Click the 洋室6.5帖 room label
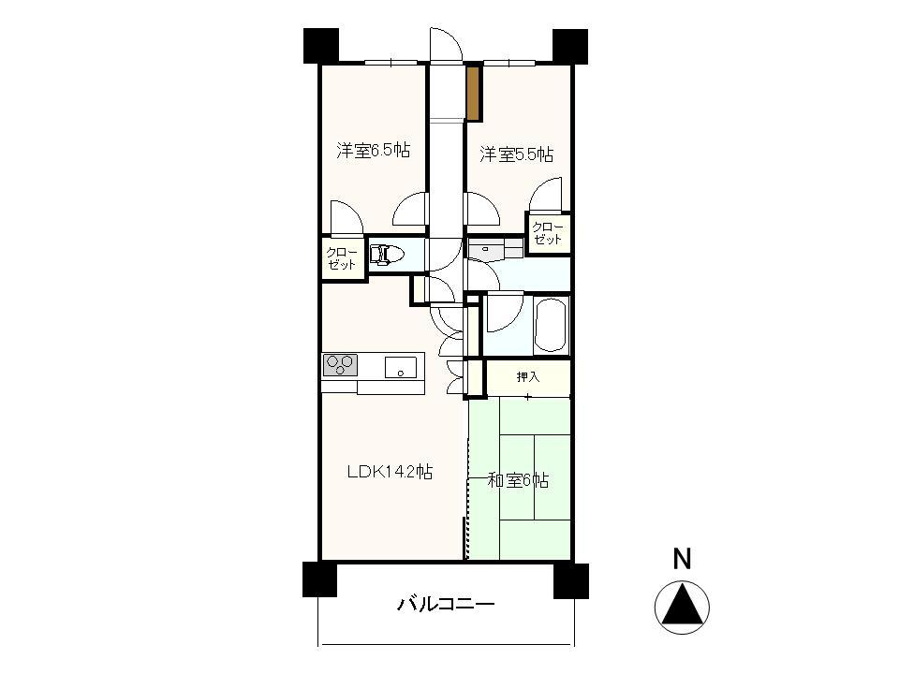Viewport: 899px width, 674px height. (x=373, y=151)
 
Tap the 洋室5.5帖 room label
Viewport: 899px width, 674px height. (x=516, y=154)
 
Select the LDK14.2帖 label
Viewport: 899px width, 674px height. (x=390, y=473)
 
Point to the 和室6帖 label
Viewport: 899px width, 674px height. (x=518, y=481)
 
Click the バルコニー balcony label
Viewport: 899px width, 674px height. (x=446, y=605)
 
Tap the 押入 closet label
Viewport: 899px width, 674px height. (x=528, y=377)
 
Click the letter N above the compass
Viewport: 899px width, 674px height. (x=683, y=560)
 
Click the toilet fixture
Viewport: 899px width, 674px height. (x=386, y=255)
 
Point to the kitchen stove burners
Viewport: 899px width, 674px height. (x=340, y=363)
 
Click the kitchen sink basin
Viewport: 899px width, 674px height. (x=401, y=366)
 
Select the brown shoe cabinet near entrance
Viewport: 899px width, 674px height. (x=474, y=93)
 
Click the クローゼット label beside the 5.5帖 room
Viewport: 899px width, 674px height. (x=548, y=233)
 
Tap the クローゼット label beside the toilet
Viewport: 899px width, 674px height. (x=342, y=258)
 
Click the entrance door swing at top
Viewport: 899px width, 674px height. (x=446, y=47)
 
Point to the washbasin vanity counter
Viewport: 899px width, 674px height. (x=494, y=250)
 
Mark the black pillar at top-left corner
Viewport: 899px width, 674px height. (x=320, y=46)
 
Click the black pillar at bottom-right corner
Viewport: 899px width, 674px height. (x=569, y=580)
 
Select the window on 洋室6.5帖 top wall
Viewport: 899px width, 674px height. (x=391, y=63)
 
